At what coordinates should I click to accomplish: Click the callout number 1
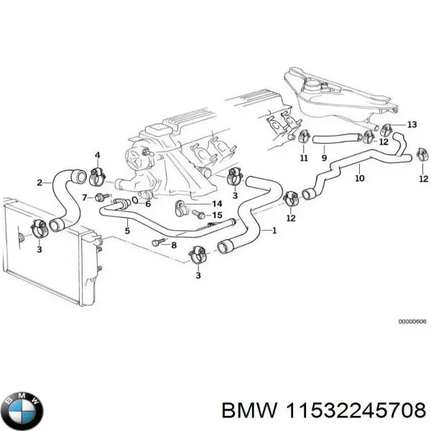click(274, 231)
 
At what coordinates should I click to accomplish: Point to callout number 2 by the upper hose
click(40, 182)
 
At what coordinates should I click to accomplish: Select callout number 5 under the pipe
click(127, 231)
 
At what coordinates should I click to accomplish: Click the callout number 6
click(148, 204)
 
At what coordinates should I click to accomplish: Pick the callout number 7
click(84, 197)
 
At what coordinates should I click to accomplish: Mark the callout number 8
click(173, 245)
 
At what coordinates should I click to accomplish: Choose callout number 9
click(324, 157)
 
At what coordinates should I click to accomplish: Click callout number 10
click(359, 177)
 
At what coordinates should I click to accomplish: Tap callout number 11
click(302, 157)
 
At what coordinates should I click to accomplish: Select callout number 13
click(412, 125)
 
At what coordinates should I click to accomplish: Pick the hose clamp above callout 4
click(99, 172)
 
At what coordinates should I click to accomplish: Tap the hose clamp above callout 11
click(303, 136)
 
